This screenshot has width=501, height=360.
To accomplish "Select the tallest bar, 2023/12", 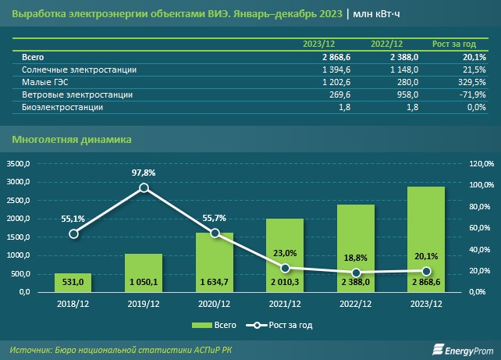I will [x=425, y=238].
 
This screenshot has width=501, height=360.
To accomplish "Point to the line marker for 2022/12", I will [x=355, y=272].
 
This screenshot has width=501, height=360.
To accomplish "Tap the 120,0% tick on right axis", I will [x=479, y=164].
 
